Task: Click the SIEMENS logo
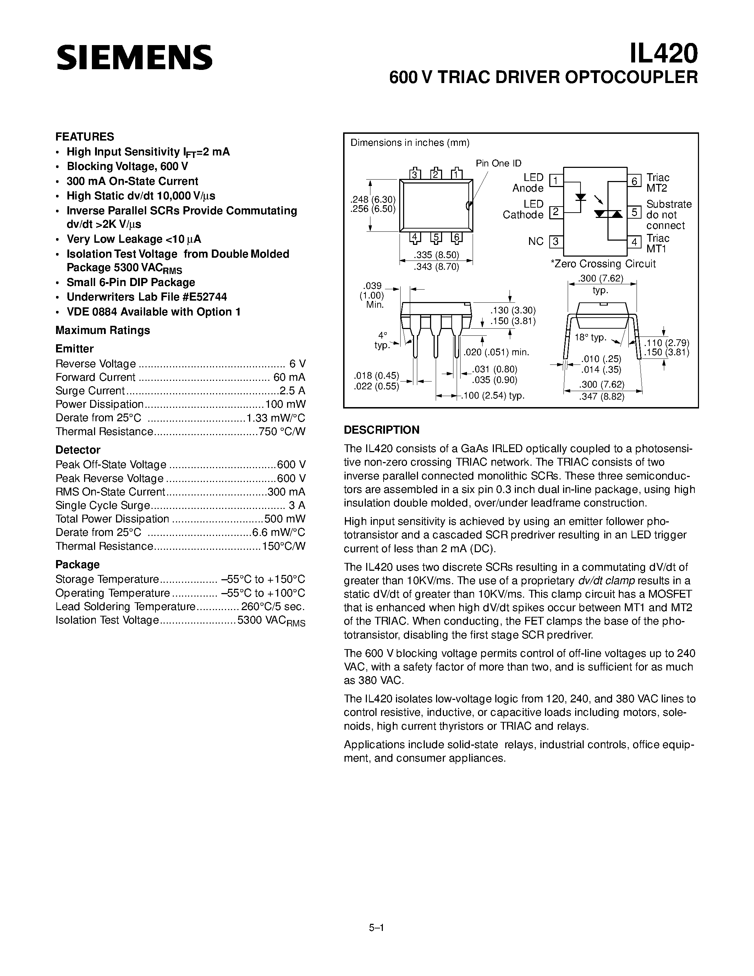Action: pyautogui.click(x=134, y=57)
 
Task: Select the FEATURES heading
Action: pyautogui.click(x=85, y=136)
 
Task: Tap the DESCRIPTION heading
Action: pyautogui.click(x=381, y=430)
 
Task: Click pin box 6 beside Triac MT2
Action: pyautogui.click(x=634, y=181)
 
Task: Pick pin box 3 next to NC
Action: pyautogui.click(x=556, y=242)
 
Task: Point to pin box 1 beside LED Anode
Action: pyautogui.click(x=556, y=181)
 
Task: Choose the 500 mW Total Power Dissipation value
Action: pyautogui.click(x=285, y=519)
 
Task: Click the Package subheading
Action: pyautogui.click(x=77, y=564)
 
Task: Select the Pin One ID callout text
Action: pyautogui.click(x=499, y=164)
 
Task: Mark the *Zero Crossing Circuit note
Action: pyautogui.click(x=603, y=264)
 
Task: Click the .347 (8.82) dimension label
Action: pyautogui.click(x=602, y=396)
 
